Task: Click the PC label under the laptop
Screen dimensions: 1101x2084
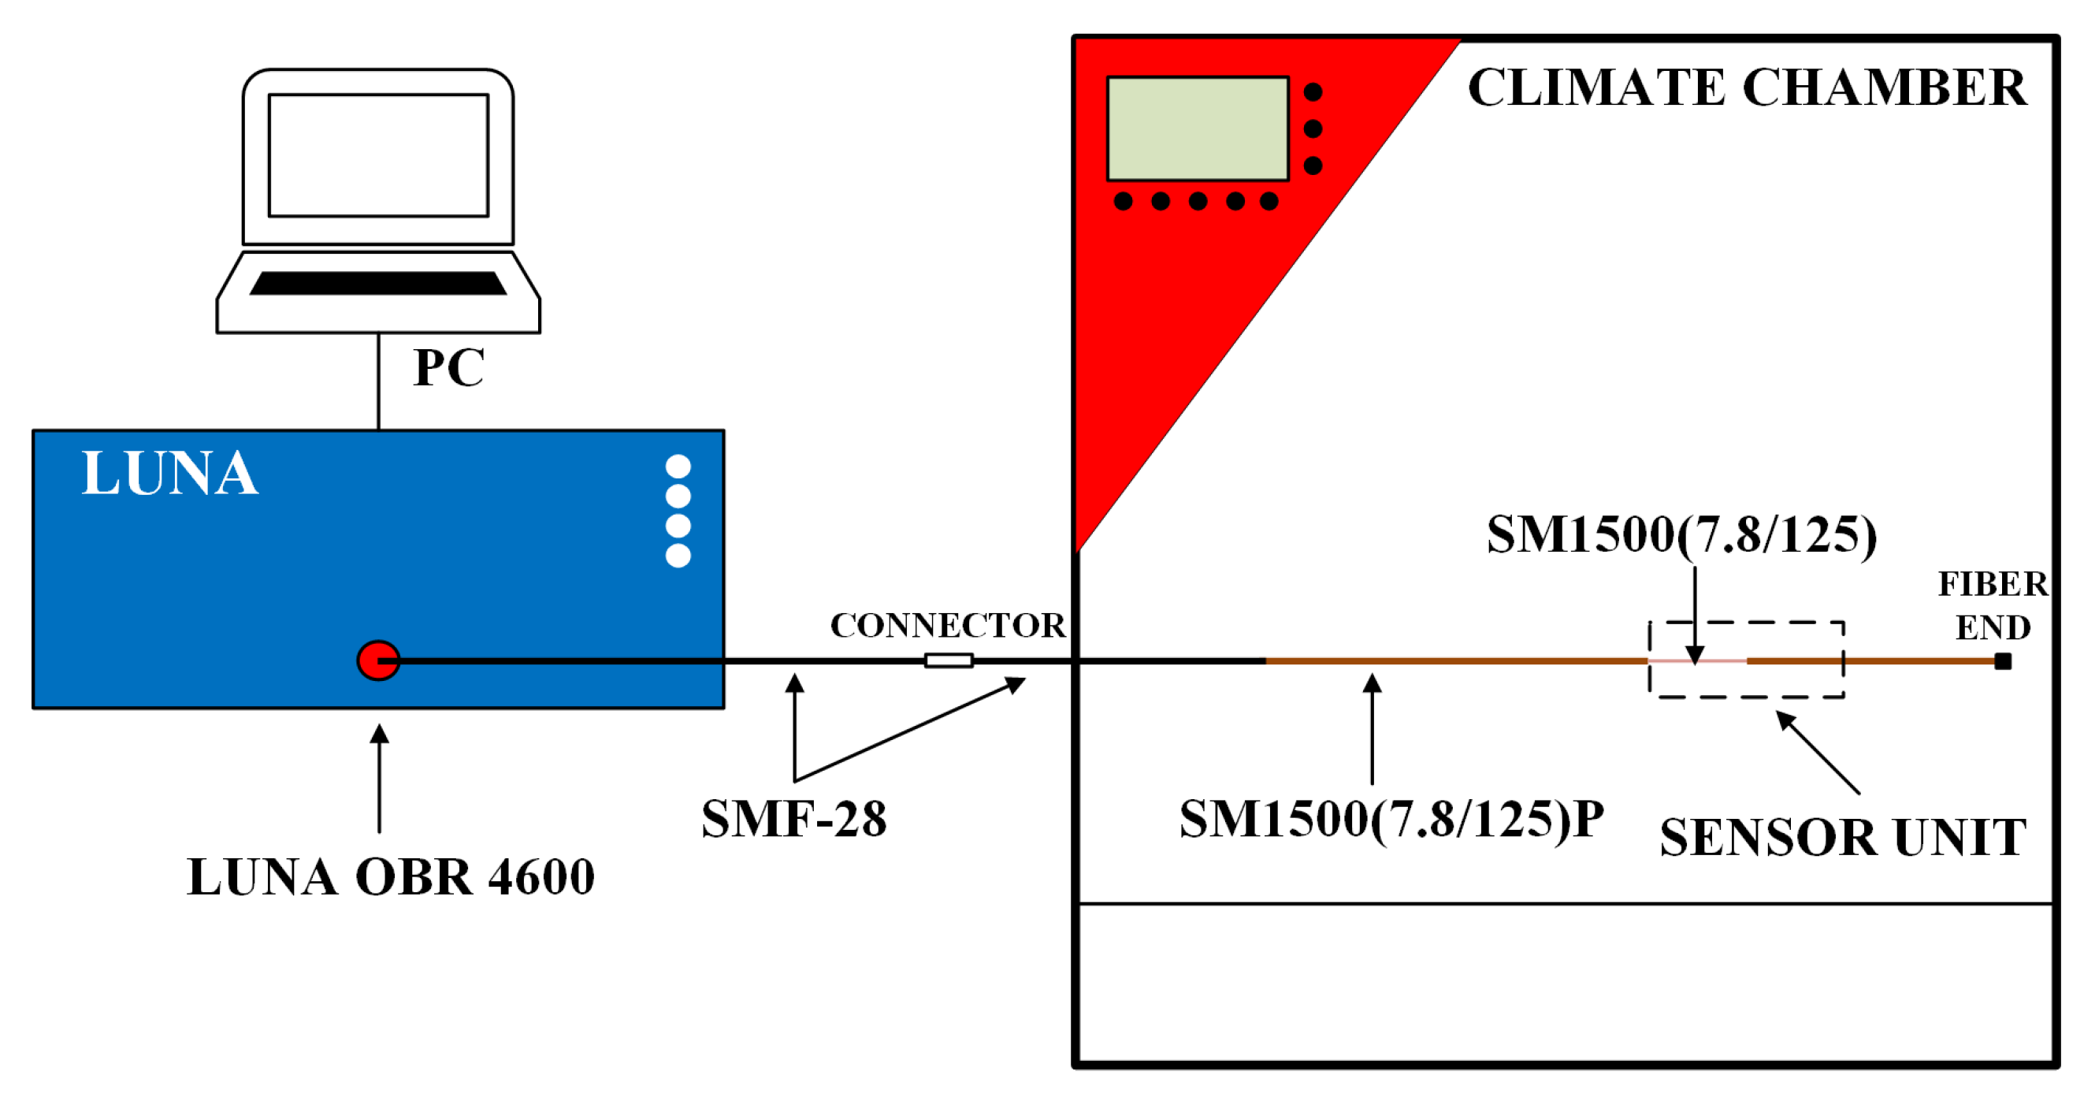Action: pyautogui.click(x=448, y=368)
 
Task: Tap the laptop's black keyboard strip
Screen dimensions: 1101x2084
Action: pyautogui.click(x=378, y=283)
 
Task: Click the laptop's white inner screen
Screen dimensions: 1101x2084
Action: pyautogui.click(x=378, y=155)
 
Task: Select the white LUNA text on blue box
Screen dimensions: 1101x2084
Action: pyautogui.click(x=170, y=473)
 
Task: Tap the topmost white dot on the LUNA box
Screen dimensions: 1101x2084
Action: pyautogui.click(x=678, y=467)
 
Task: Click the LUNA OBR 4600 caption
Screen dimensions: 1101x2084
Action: pyautogui.click(x=391, y=877)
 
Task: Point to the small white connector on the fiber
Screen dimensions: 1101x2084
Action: pyautogui.click(x=948, y=661)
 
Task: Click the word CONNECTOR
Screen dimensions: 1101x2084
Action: pyautogui.click(x=948, y=625)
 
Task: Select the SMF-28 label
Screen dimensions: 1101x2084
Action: pyautogui.click(x=793, y=819)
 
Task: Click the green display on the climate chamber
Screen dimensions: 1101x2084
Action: pyautogui.click(x=1198, y=128)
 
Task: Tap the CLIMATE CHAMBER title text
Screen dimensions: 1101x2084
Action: pyautogui.click(x=1748, y=87)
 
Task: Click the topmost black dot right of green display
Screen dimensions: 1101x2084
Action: pyautogui.click(x=1313, y=92)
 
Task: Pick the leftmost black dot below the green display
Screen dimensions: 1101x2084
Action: pyautogui.click(x=1123, y=202)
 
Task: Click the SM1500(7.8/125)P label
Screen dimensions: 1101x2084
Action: pyautogui.click(x=1391, y=819)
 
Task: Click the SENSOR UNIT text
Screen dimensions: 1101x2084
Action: pyautogui.click(x=1843, y=837)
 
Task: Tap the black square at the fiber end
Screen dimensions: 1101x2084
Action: pyautogui.click(x=2002, y=662)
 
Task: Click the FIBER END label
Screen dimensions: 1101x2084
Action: pyautogui.click(x=1993, y=605)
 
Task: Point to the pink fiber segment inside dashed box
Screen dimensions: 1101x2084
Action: pyautogui.click(x=1696, y=661)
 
